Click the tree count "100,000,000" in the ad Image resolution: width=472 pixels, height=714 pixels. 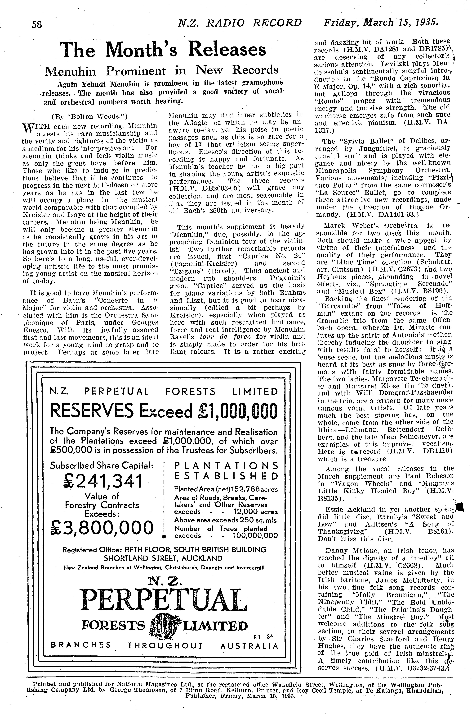click(x=255, y=536)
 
